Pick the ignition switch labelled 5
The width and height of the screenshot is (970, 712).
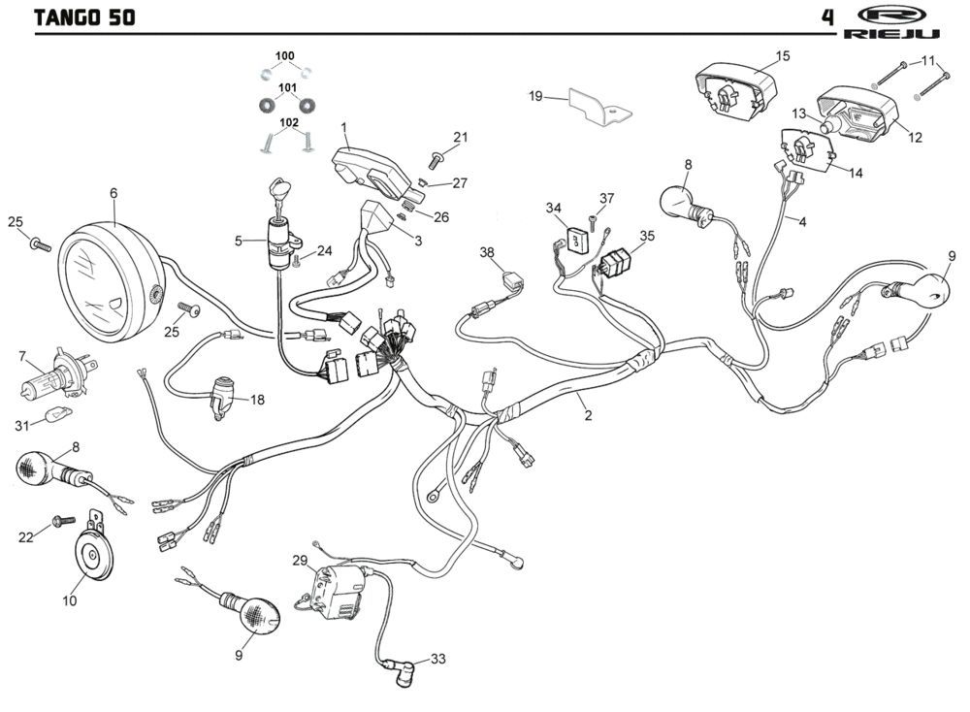pyautogui.click(x=282, y=234)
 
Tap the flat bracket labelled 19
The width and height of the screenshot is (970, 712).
pyautogui.click(x=600, y=108)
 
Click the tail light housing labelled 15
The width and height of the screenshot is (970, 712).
pyautogui.click(x=736, y=90)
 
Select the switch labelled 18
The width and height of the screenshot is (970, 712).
pyautogui.click(x=224, y=395)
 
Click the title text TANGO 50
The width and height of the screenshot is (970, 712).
pyautogui.click(x=84, y=16)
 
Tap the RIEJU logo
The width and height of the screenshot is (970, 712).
pyautogui.click(x=892, y=22)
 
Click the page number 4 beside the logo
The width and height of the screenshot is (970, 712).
pyautogui.click(x=827, y=16)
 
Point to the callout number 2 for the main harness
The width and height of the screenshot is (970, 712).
pyautogui.click(x=588, y=415)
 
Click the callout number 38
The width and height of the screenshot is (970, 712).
pyautogui.click(x=487, y=252)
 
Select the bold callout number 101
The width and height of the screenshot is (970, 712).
pyautogui.click(x=287, y=88)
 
